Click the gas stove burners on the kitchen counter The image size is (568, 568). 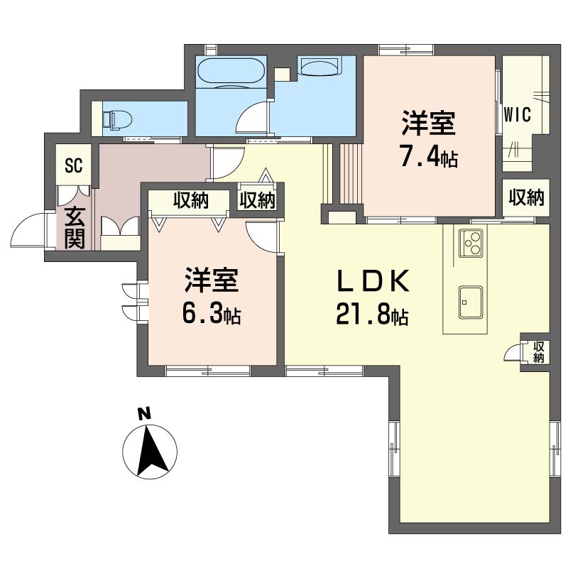point(471,244)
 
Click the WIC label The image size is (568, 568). point(518,116)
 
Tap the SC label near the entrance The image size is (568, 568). point(73,167)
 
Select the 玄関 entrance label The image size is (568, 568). point(74,227)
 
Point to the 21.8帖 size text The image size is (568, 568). point(372,315)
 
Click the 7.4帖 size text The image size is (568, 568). point(427,155)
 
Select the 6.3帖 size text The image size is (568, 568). point(211,313)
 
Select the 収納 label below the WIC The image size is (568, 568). point(526,198)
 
